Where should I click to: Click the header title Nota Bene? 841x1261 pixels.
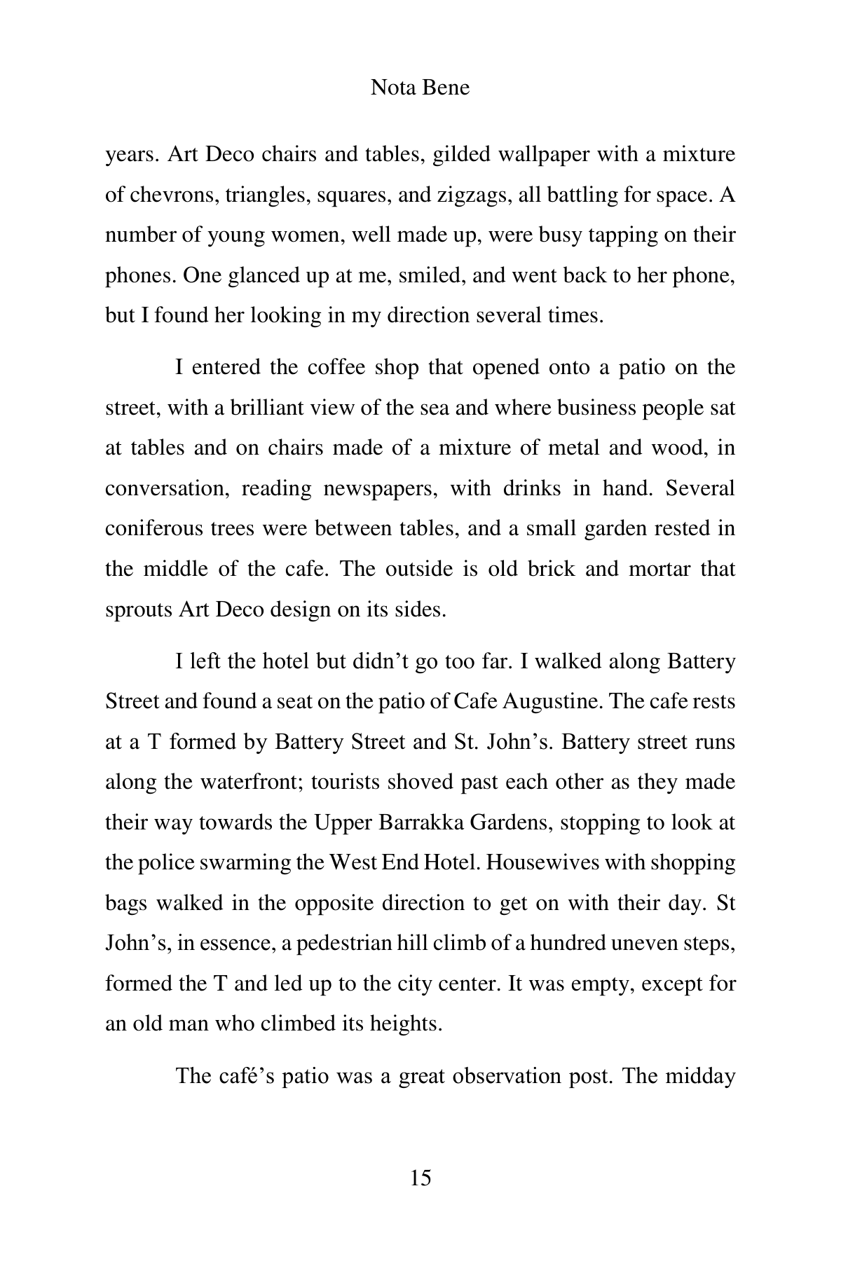[x=420, y=88]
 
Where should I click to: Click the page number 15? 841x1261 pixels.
[x=420, y=1178]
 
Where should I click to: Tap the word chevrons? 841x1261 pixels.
[x=162, y=195]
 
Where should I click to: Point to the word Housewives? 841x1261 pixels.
[x=542, y=862]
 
